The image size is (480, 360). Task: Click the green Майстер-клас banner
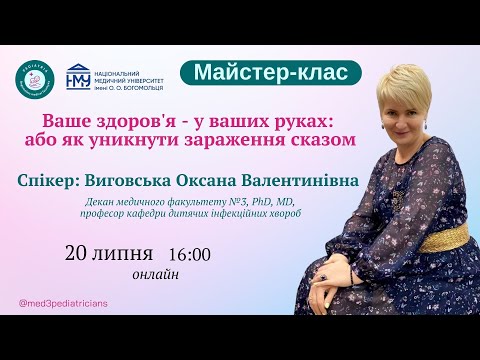(264, 73)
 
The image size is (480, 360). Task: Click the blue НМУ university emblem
(76, 79)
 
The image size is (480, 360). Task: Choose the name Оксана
(230, 183)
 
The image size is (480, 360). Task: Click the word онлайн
(156, 271)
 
